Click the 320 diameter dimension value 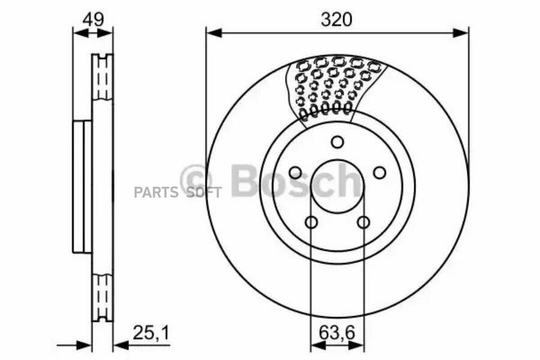337,20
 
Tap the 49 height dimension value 93,20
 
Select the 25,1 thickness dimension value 151,333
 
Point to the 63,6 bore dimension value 337,333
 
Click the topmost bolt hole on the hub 337,142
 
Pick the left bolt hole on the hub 295,172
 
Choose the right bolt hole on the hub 380,172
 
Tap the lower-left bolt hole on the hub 311,222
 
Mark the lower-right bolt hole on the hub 364,222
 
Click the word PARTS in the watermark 157,193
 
